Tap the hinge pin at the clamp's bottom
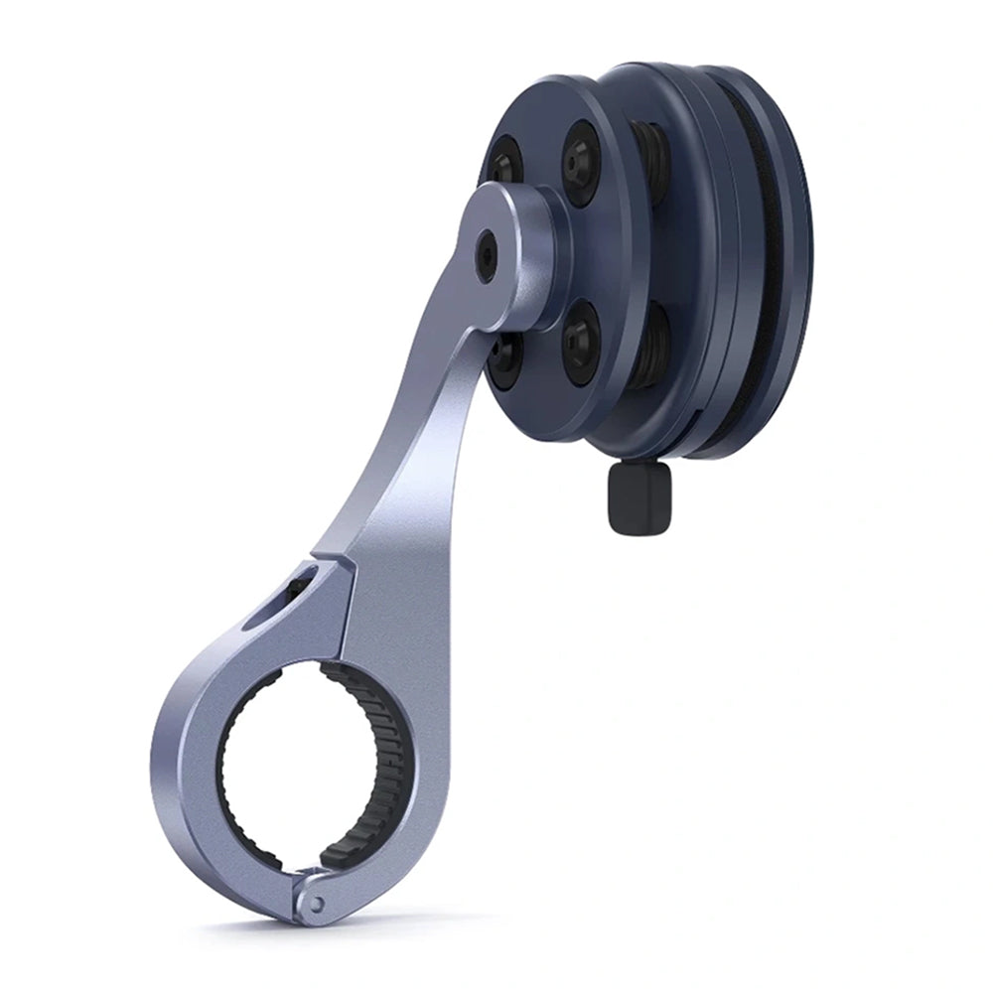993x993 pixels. tap(316, 904)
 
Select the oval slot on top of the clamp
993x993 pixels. tap(298, 591)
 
